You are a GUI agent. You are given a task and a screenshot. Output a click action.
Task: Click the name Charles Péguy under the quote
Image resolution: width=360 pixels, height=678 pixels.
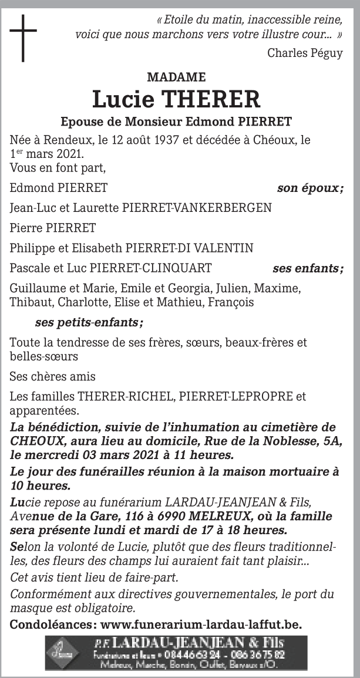(x=305, y=53)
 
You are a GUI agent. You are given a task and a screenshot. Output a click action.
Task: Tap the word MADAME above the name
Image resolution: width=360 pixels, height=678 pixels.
(x=176, y=77)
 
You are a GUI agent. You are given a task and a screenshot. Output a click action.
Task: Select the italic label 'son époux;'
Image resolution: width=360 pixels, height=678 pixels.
(x=309, y=188)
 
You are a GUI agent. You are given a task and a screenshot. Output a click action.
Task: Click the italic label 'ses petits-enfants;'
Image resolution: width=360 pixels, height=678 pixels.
(x=89, y=322)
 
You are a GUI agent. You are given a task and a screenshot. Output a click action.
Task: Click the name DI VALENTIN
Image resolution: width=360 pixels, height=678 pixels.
(x=219, y=248)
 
